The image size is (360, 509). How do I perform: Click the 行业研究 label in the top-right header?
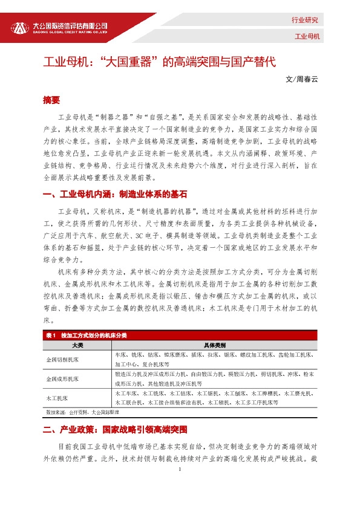pyautogui.click(x=306, y=20)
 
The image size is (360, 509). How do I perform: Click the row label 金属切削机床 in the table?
pyautogui.click(x=63, y=359)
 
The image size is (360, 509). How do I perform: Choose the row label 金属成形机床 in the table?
pyautogui.click(x=63, y=379)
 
